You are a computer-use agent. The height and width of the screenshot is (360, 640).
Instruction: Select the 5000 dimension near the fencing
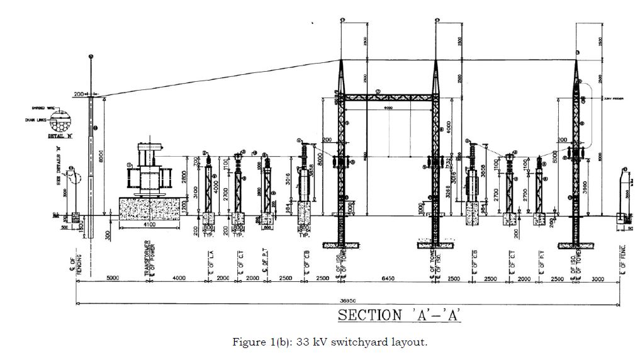coord(113,278)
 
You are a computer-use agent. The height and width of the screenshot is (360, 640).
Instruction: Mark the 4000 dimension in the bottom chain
coord(179,278)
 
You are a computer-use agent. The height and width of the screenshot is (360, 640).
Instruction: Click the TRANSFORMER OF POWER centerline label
coord(149,258)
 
